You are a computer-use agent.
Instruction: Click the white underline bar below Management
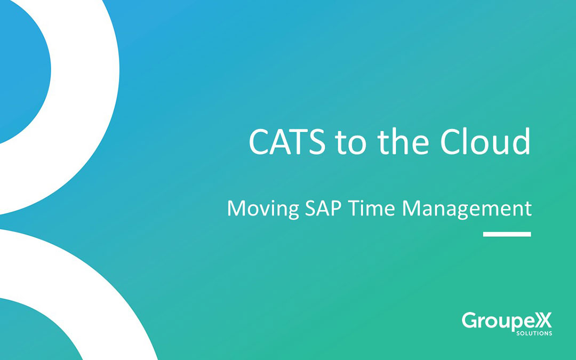tap(507, 234)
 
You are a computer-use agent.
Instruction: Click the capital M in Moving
tap(236, 207)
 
